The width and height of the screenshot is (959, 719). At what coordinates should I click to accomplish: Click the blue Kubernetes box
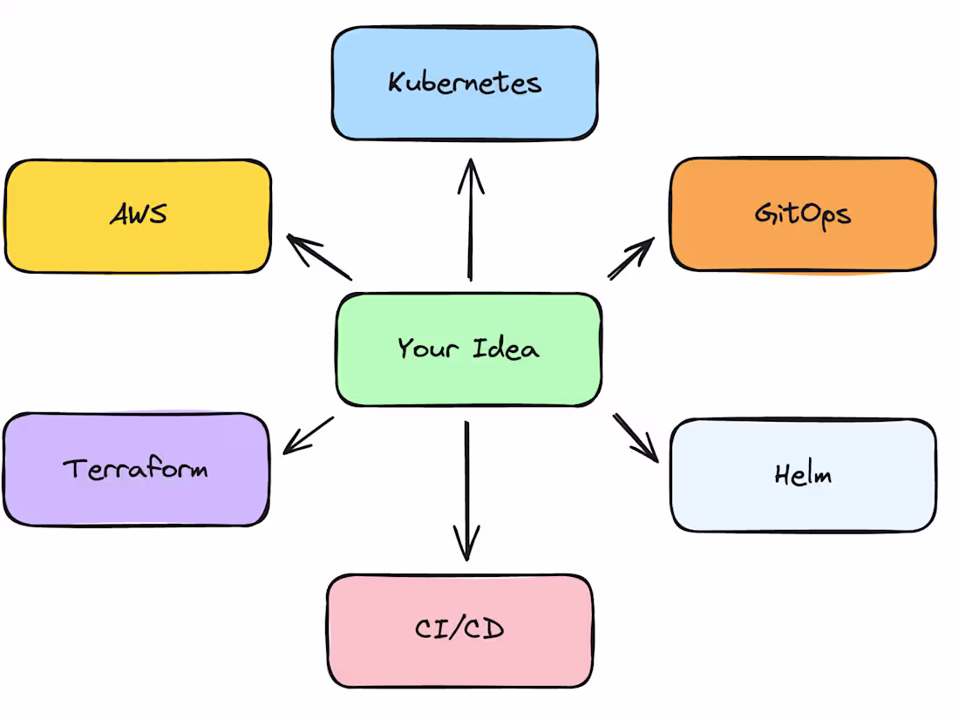click(465, 83)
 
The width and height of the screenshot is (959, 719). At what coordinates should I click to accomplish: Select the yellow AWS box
click(138, 215)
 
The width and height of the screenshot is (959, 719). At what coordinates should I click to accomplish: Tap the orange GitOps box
click(803, 214)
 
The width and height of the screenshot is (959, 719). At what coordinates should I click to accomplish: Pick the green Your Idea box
click(468, 349)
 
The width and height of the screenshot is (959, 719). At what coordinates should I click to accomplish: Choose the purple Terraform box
click(135, 469)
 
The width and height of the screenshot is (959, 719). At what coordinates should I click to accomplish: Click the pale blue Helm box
click(803, 475)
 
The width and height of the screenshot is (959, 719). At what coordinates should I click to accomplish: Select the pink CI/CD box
click(460, 629)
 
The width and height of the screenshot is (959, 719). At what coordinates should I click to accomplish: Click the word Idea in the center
click(507, 349)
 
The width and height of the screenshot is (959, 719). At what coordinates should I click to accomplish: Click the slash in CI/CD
click(460, 629)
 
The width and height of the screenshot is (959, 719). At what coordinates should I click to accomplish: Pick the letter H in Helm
click(782, 474)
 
